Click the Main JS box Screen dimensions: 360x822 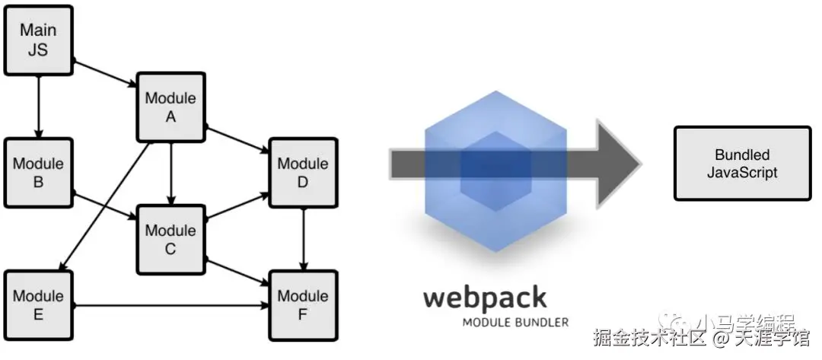click(38, 40)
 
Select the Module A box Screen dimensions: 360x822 click(170, 107)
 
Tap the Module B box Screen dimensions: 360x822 click(38, 174)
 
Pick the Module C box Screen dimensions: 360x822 click(170, 240)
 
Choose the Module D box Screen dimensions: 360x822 click(303, 174)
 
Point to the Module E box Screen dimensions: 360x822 click(38, 305)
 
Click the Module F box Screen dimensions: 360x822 click(303, 305)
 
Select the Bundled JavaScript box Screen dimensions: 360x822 click(742, 164)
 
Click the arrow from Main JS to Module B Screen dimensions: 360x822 click(38, 107)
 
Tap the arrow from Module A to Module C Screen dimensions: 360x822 click(170, 174)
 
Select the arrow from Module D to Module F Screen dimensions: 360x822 click(304, 239)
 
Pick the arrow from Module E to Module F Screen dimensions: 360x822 click(171, 306)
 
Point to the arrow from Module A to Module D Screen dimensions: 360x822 click(236, 141)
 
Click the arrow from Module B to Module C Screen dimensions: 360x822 click(104, 206)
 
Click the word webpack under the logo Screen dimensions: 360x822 click(485, 298)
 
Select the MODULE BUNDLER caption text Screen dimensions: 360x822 click(515, 322)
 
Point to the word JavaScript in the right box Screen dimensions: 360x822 click(742, 173)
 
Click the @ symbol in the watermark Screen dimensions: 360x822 click(721, 336)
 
